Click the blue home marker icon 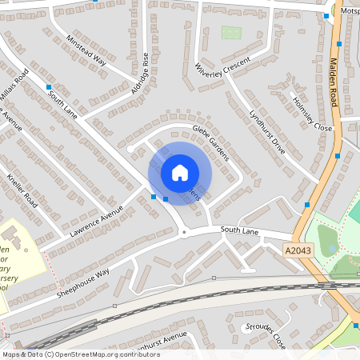[180, 172]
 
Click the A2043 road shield [297, 250]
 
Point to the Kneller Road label [22, 190]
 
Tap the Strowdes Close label [267, 336]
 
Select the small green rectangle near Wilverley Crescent [231, 33]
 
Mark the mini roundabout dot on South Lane [185, 233]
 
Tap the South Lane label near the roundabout [239, 230]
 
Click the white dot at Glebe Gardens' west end [130, 148]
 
